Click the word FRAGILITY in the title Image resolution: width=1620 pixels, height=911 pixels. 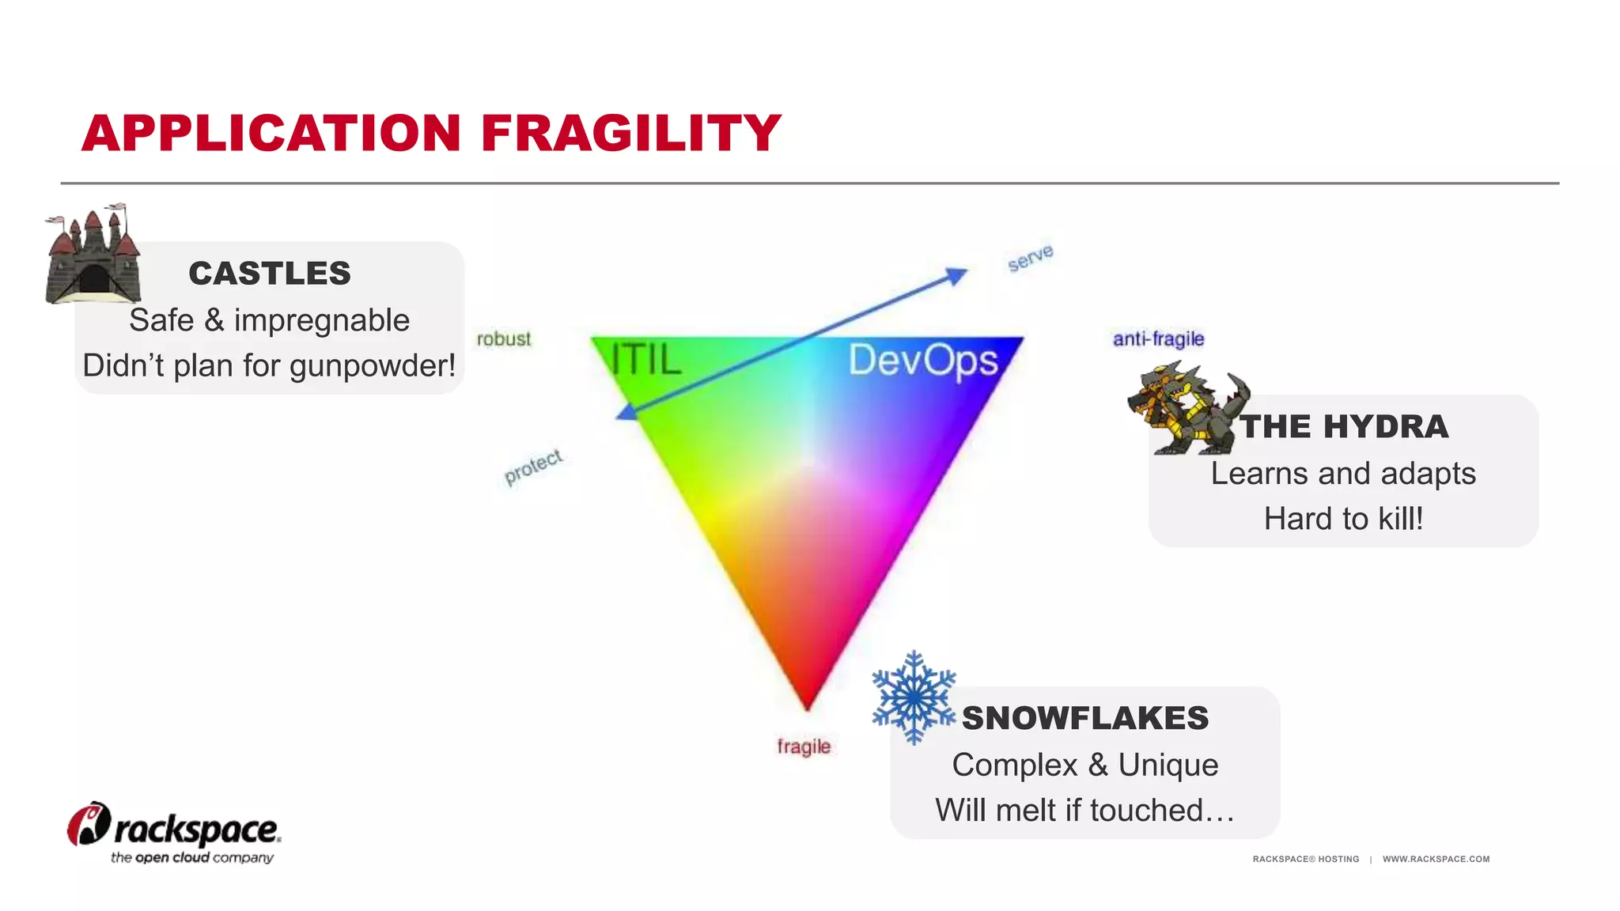click(630, 133)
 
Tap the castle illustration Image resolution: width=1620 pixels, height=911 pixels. click(93, 257)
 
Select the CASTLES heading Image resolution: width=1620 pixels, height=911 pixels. click(269, 274)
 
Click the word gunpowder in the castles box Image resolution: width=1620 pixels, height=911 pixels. click(372, 365)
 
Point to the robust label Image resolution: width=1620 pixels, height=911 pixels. click(504, 339)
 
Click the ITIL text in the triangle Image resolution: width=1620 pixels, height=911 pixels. click(645, 360)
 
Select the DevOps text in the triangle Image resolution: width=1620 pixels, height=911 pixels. click(922, 361)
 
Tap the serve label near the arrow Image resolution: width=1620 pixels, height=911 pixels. click(1030, 258)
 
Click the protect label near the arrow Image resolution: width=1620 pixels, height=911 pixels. click(534, 467)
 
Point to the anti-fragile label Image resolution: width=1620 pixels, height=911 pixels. click(1158, 339)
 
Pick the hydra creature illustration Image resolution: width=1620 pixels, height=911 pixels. click(1187, 410)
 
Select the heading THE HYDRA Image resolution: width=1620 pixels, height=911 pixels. click(1344, 427)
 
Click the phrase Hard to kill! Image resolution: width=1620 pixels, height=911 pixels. click(1343, 519)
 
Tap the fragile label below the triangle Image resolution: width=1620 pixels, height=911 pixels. click(804, 747)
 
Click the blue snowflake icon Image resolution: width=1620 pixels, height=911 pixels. click(914, 697)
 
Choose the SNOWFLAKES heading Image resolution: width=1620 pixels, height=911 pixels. click(1085, 718)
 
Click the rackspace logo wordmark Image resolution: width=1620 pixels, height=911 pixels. click(196, 830)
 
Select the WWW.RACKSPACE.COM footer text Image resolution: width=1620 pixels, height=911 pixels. click(1436, 859)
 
